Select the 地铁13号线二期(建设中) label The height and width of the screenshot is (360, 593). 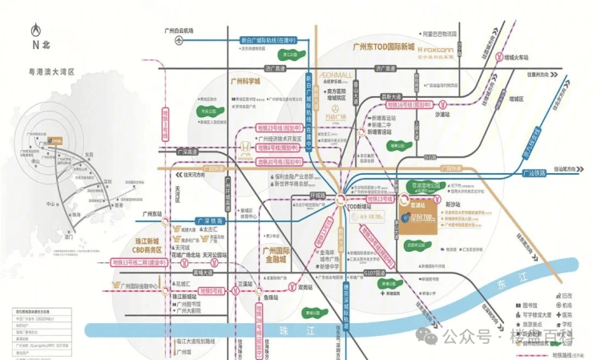click(x=141, y=262)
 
